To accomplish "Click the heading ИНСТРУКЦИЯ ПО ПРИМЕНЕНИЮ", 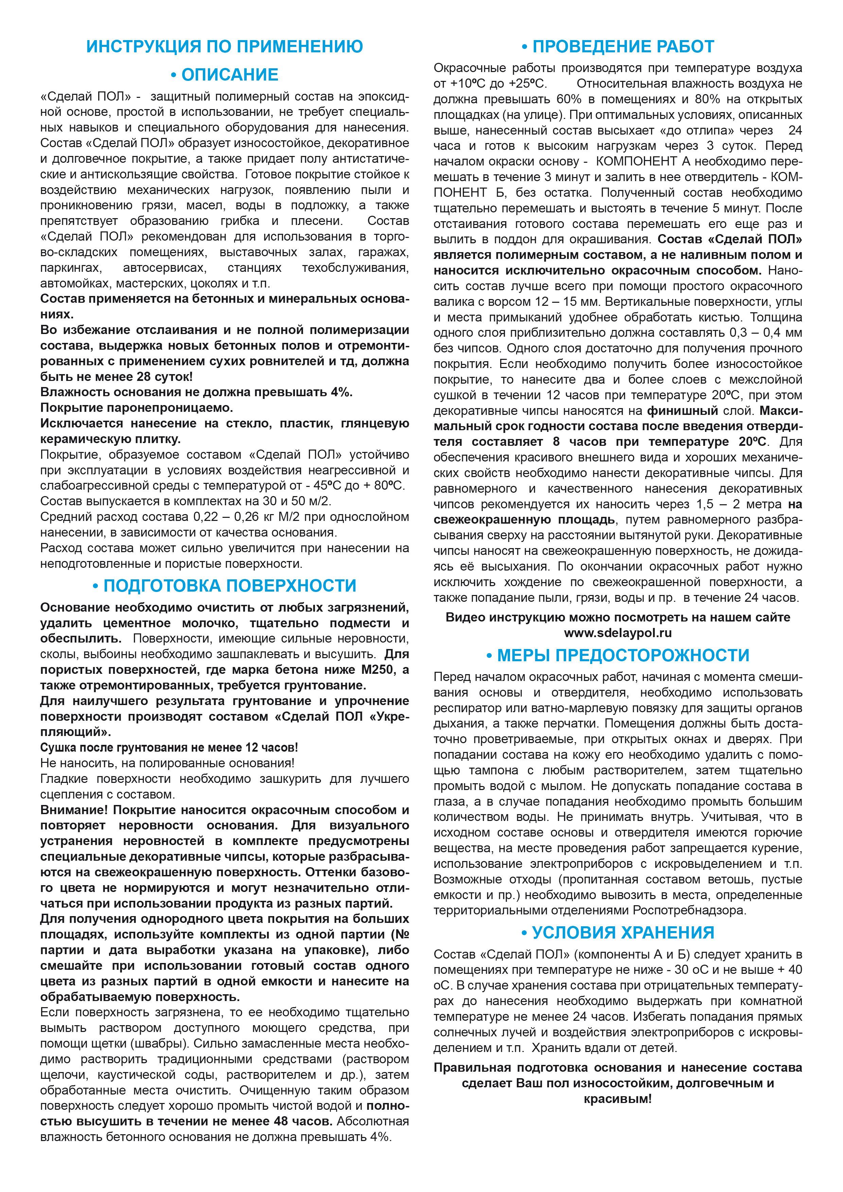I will pos(224,47).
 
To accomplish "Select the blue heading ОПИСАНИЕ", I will pos(224,75).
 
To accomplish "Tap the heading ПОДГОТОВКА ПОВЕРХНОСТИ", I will pos(224,585).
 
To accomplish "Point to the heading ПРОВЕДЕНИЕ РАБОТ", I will pos(618,47).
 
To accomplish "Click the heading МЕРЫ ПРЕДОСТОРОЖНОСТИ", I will pos(618,655).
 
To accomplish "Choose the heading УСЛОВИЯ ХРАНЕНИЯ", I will pos(618,932).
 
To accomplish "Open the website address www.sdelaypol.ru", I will pos(618,633).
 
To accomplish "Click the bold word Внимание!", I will pos(74,810).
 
